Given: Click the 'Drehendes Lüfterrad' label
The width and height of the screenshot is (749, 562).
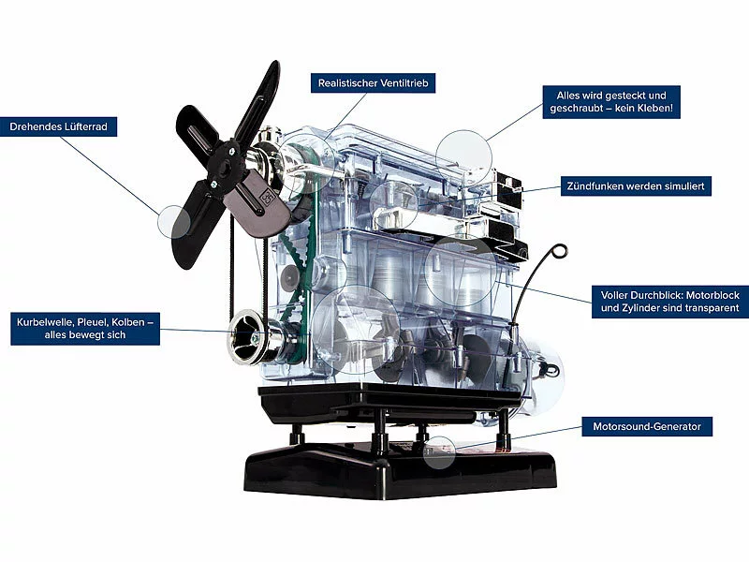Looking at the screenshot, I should pos(63,126).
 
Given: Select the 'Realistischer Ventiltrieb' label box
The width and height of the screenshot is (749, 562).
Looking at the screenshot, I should pos(373,82).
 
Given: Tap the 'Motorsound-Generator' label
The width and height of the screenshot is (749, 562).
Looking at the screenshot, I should pos(647,426).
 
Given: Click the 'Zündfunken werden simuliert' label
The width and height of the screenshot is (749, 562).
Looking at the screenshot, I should pos(637,186).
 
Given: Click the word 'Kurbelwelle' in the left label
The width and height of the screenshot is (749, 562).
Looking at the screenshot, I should pos(43,321).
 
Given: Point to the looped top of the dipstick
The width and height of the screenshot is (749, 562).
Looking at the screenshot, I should pos(558,253).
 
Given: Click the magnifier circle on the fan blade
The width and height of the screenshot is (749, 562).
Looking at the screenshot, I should pos(174,222).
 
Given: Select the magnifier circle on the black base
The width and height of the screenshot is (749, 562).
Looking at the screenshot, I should pos(439,451).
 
